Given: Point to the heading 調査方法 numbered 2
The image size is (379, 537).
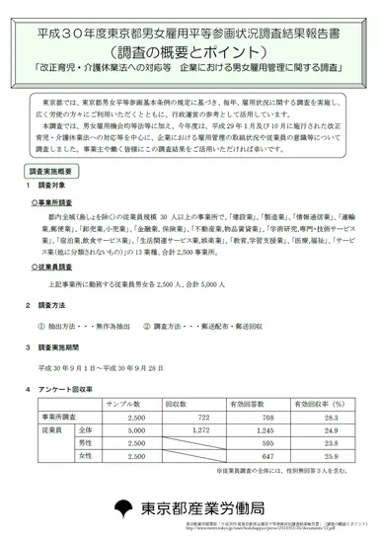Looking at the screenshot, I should [50, 306].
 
